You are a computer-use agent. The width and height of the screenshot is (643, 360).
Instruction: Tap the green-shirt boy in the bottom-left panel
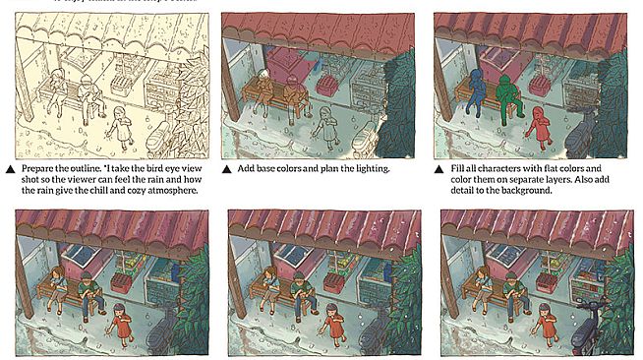89,290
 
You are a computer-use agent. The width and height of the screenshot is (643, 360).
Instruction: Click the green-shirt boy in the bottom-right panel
513,291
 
